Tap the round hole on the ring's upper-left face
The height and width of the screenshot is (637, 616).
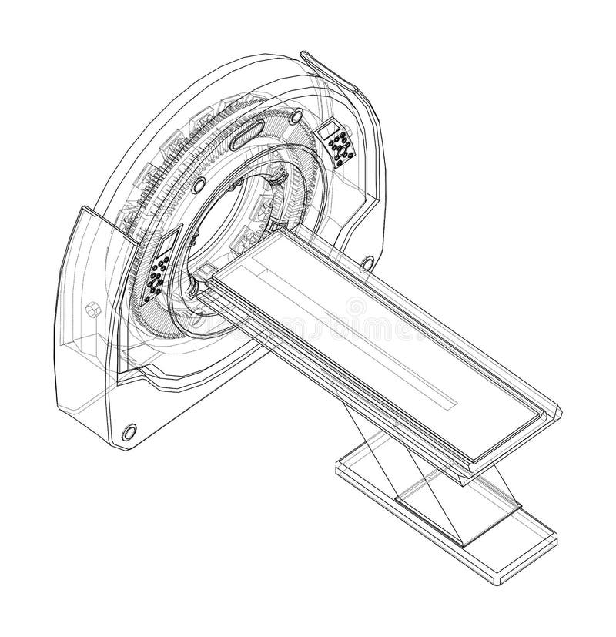click(198, 184)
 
